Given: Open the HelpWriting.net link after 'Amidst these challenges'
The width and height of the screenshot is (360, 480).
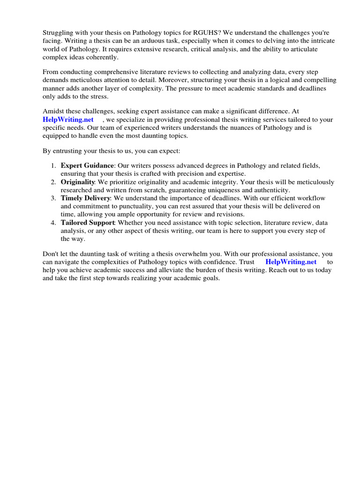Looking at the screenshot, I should coord(68,120).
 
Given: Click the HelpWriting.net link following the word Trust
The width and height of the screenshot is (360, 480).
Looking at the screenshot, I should coord(291,262).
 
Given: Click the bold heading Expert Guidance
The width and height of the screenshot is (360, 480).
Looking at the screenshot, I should coord(87,166).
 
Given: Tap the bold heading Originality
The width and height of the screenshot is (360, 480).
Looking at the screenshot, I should coord(78,182).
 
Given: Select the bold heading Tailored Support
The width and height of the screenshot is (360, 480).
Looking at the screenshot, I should coord(88,223).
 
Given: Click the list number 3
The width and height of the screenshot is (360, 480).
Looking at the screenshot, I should coord(53,198).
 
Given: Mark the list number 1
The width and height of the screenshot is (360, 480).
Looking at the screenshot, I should coord(53,166).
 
